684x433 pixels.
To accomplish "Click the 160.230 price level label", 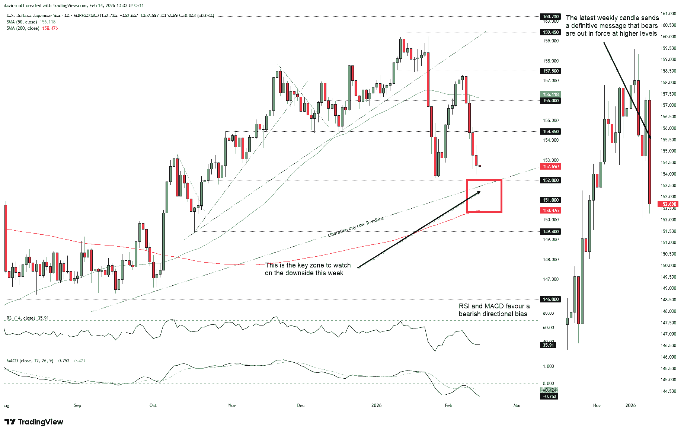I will pyautogui.click(x=550, y=16).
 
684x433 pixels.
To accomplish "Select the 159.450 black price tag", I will pyautogui.click(x=550, y=32).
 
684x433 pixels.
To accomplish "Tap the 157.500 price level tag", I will pyautogui.click(x=550, y=71).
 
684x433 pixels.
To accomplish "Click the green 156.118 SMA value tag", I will pyautogui.click(x=550, y=94).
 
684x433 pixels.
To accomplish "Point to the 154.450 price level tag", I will pyautogui.click(x=550, y=131).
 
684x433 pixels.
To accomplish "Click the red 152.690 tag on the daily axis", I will pyautogui.click(x=550, y=167).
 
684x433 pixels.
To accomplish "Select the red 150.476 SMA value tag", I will pyautogui.click(x=550, y=211).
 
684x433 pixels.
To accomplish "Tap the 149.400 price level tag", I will pyautogui.click(x=550, y=231).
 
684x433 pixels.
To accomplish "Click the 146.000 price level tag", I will pyautogui.click(x=550, y=299).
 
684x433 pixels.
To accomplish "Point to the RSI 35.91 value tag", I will pyautogui.click(x=548, y=345).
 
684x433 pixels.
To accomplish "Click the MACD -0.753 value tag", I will pyautogui.click(x=549, y=396).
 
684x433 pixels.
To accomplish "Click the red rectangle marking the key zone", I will pyautogui.click(x=484, y=196).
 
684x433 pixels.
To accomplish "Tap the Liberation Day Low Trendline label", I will pyautogui.click(x=355, y=227).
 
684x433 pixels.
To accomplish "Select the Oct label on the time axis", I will pyautogui.click(x=153, y=405).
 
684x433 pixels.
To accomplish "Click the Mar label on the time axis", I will pyautogui.click(x=517, y=405).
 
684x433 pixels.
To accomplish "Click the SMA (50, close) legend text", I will pyautogui.click(x=22, y=22).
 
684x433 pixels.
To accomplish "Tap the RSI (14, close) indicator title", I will pyautogui.click(x=21, y=318).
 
